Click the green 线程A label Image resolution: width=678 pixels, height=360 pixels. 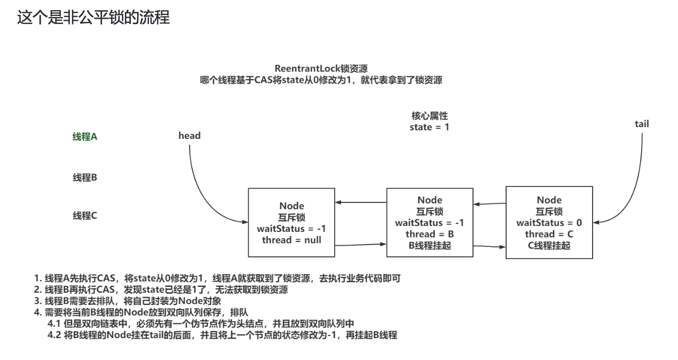[x=85, y=137]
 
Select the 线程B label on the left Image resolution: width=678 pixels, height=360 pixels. [x=85, y=177]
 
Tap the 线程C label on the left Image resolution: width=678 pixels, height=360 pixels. [x=85, y=216]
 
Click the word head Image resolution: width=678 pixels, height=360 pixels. [x=190, y=136]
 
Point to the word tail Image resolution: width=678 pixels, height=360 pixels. [x=642, y=124]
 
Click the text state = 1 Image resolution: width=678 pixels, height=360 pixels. [x=429, y=127]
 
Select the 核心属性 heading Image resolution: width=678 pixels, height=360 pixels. [x=429, y=116]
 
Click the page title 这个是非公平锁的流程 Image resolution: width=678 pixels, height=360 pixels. [x=93, y=18]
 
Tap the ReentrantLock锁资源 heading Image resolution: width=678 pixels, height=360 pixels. [x=321, y=69]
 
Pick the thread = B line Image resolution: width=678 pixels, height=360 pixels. [x=429, y=234]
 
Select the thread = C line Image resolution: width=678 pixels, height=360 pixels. [x=549, y=234]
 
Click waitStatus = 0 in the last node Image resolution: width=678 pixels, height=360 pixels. [x=549, y=223]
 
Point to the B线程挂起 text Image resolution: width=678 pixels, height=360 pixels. [x=429, y=245]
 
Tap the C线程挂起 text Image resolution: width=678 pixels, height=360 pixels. [x=549, y=246]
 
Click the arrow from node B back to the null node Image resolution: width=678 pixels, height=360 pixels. [x=361, y=202]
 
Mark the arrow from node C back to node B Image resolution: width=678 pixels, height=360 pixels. [x=490, y=204]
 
